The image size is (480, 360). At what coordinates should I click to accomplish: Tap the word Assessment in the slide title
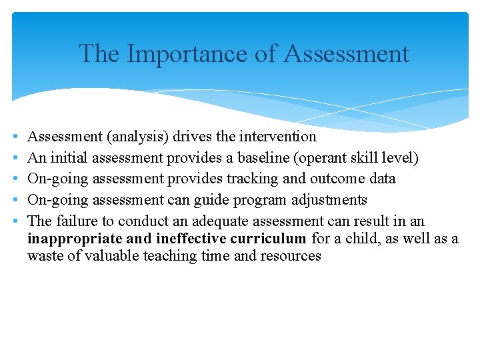pos(346,53)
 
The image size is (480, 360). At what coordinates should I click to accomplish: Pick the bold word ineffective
pos(191,239)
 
